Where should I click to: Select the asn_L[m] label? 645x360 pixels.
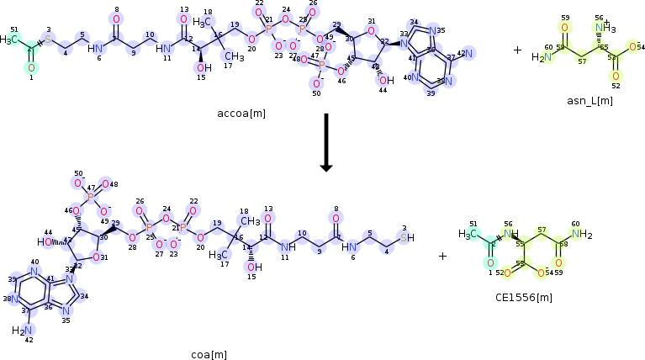[x=589, y=101]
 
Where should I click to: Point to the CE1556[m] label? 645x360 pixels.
[x=524, y=297]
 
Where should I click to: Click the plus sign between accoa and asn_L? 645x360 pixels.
[x=517, y=50]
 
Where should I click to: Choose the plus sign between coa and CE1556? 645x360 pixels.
[x=443, y=256]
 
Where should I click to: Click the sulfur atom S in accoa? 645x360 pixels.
[x=48, y=40]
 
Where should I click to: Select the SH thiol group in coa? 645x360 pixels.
[x=406, y=238]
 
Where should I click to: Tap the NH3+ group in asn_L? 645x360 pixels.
[x=603, y=29]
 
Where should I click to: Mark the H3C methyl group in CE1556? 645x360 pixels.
[x=470, y=235]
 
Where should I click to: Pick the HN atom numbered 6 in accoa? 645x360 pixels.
[x=96, y=47]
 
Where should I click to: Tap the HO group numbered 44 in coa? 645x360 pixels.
[x=45, y=242]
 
